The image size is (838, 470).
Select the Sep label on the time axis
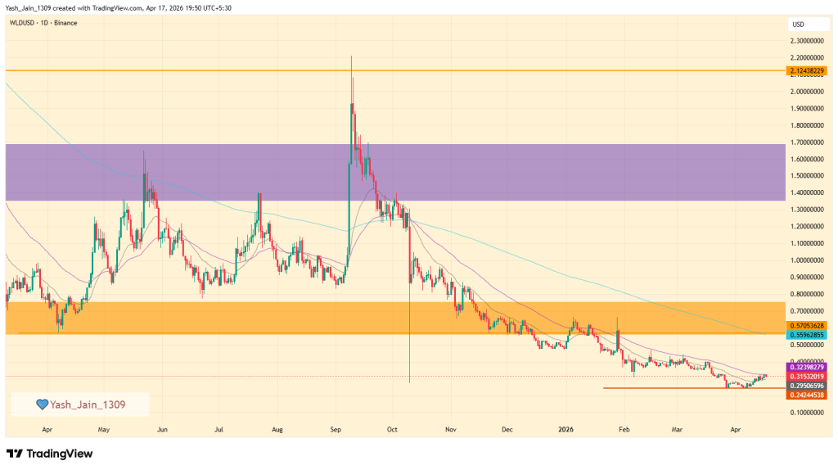pyautogui.click(x=335, y=428)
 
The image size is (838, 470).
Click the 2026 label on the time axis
pyautogui.click(x=565, y=428)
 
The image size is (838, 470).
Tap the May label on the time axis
pyautogui.click(x=103, y=428)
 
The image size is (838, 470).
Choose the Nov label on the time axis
pyautogui.click(x=450, y=428)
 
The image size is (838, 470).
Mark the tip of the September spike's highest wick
pyautogui.click(x=351, y=56)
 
